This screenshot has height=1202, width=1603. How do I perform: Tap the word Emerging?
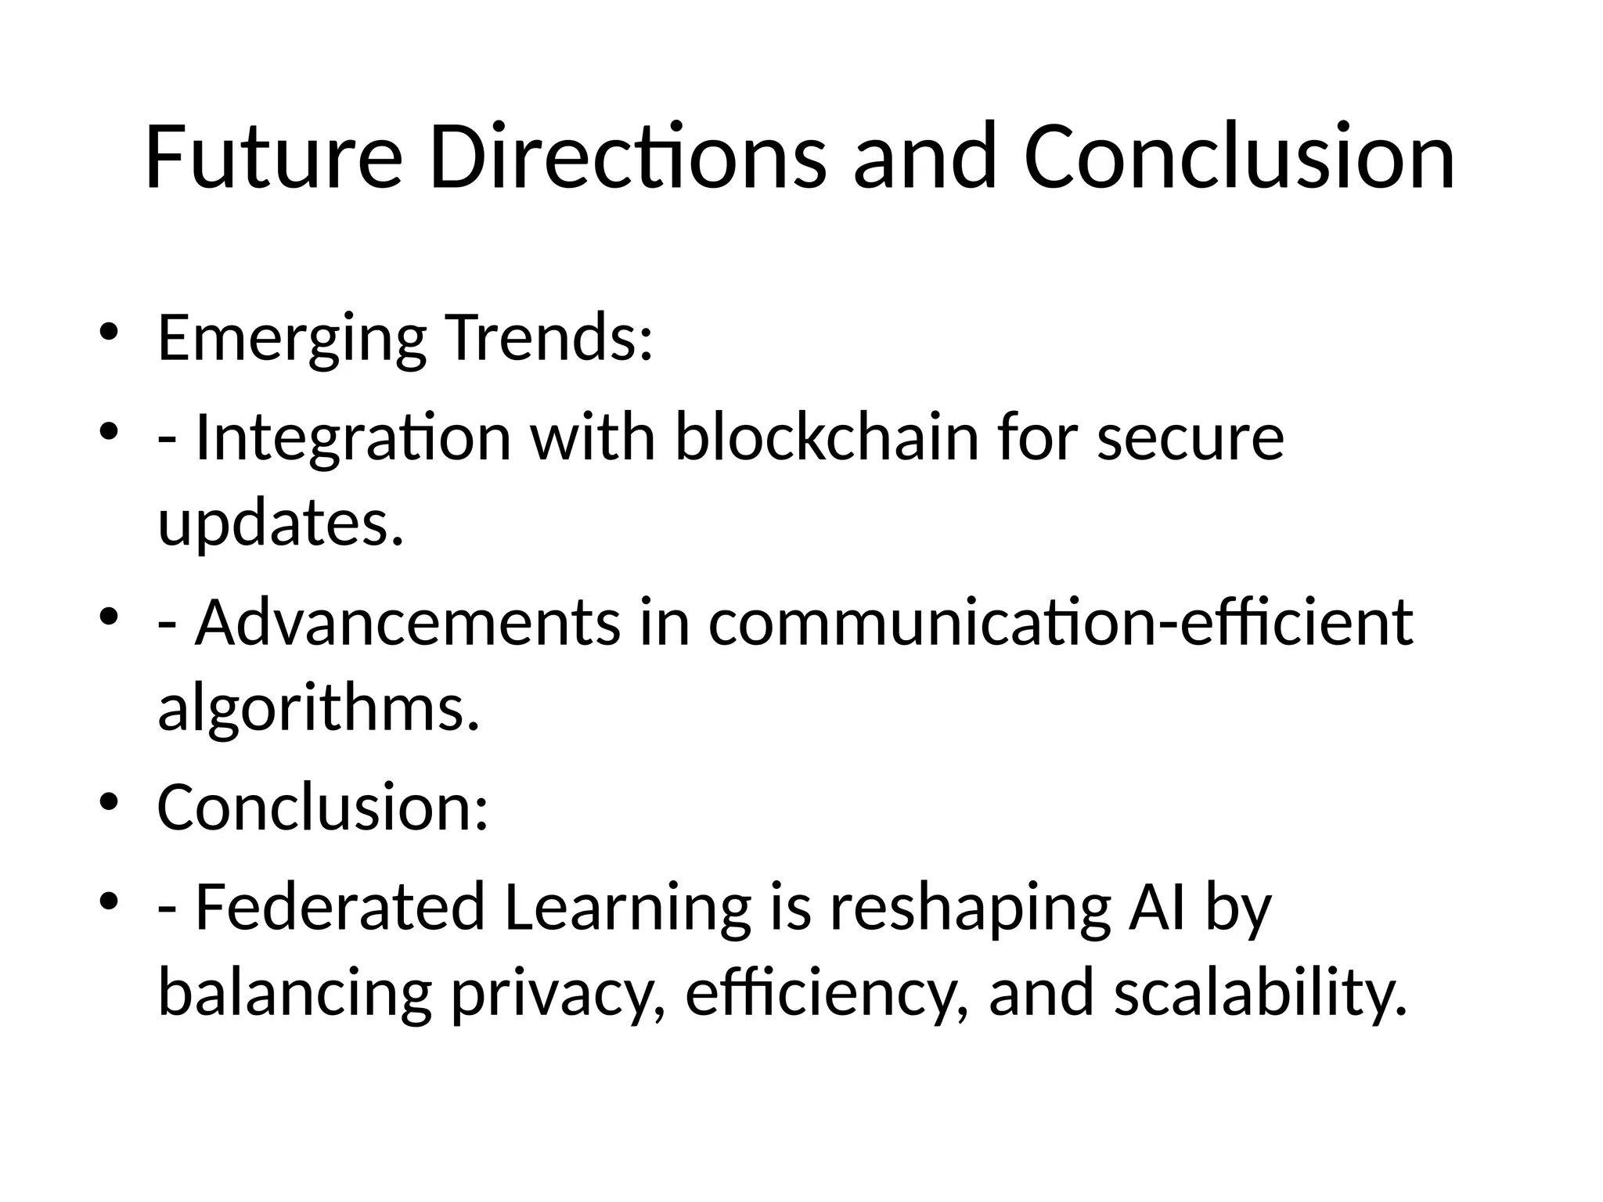[292, 339]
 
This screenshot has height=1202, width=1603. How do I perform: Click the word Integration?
[353, 438]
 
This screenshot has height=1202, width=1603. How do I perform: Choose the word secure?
[1191, 438]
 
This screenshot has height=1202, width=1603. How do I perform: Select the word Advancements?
[408, 623]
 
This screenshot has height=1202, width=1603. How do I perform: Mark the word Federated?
[340, 908]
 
